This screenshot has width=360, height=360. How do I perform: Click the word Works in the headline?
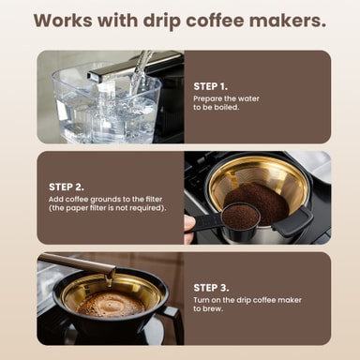pyautogui.click(x=63, y=21)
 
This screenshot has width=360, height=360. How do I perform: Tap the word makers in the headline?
pyautogui.click(x=288, y=21)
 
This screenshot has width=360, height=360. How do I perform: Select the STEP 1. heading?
pyautogui.click(x=211, y=86)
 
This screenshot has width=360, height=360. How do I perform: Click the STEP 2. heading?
pyautogui.click(x=67, y=187)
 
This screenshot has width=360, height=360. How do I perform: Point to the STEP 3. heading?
pyautogui.click(x=211, y=288)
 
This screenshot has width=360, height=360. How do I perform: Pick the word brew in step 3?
pyautogui.click(x=216, y=308)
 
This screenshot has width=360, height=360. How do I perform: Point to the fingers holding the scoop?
pyautogui.click(x=189, y=228)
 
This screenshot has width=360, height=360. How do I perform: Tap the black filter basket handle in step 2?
pyautogui.click(x=293, y=221)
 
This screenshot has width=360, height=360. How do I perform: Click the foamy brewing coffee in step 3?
pyautogui.click(x=111, y=304)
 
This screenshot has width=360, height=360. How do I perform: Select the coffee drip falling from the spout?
pyautogui.click(x=109, y=279)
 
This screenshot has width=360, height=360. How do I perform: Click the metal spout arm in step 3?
pyautogui.click(x=77, y=263)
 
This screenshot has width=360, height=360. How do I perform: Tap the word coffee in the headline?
pyautogui.click(x=215, y=21)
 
